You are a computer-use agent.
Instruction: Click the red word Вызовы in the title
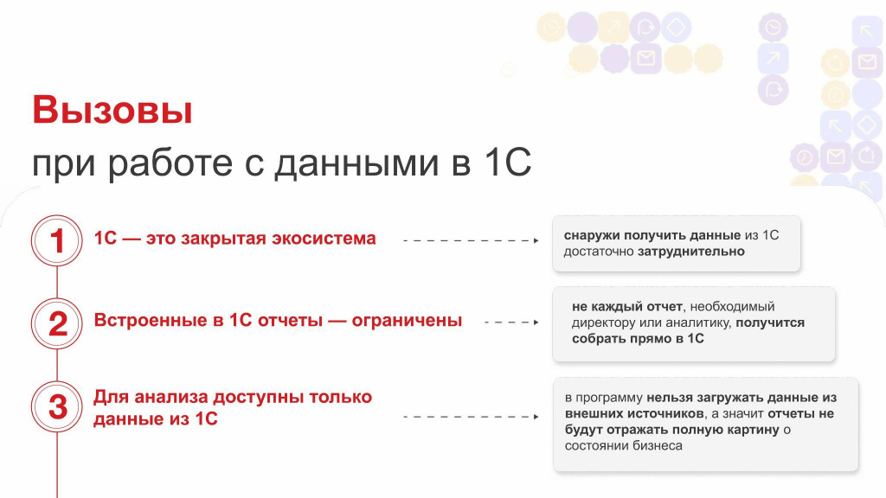pyautogui.click(x=112, y=110)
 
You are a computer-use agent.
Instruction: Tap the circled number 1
pyautogui.click(x=56, y=240)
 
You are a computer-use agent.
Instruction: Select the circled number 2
pyautogui.click(x=56, y=323)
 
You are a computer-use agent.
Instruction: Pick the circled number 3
pyautogui.click(x=56, y=406)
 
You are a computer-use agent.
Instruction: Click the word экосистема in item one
pyautogui.click(x=324, y=239)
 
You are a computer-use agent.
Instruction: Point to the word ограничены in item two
pyautogui.click(x=407, y=321)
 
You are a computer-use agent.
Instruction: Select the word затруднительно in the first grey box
pyautogui.click(x=691, y=252)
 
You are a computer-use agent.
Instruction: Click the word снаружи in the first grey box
pyautogui.click(x=592, y=235)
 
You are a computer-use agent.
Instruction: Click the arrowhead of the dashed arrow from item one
pyautogui.click(x=536, y=240)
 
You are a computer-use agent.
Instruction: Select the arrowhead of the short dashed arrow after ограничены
pyautogui.click(x=536, y=322)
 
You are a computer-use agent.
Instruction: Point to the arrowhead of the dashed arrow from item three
pyautogui.click(x=536, y=417)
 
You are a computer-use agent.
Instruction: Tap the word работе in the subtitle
pyautogui.click(x=170, y=163)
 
